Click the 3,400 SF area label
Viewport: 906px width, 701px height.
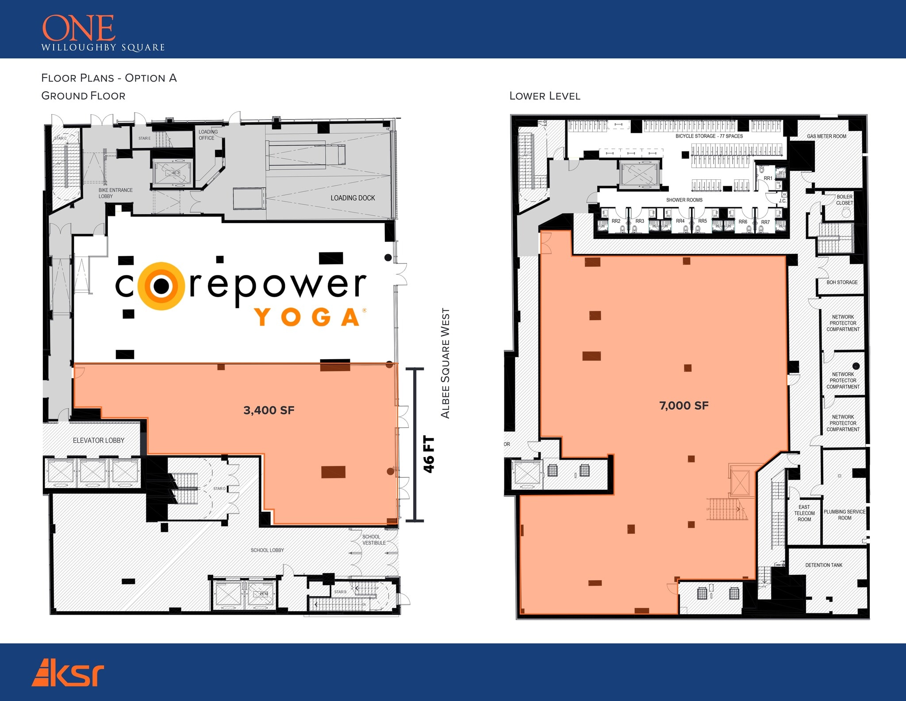[269, 411]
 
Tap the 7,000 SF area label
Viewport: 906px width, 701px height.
[683, 406]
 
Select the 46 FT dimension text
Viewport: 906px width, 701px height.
[429, 455]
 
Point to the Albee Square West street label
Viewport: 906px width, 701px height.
[445, 363]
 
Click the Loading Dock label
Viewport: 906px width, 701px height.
[353, 198]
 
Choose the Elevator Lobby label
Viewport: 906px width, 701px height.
[98, 440]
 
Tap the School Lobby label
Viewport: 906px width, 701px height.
[267, 550]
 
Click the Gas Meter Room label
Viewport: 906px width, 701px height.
[826, 136]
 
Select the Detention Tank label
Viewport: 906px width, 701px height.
[824, 565]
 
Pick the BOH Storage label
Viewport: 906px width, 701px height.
[842, 282]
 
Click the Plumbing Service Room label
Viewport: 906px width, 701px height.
[845, 515]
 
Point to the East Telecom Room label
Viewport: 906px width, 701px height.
[804, 513]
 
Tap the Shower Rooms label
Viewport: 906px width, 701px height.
[684, 200]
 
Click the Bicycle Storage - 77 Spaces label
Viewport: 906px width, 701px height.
[709, 136]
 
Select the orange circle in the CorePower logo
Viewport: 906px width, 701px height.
[161, 286]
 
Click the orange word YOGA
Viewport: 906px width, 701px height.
[308, 317]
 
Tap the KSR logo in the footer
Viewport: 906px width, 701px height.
[68, 672]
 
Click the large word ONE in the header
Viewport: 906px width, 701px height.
[79, 28]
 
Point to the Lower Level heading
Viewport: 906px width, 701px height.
[545, 96]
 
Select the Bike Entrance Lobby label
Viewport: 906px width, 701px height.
[115, 193]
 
